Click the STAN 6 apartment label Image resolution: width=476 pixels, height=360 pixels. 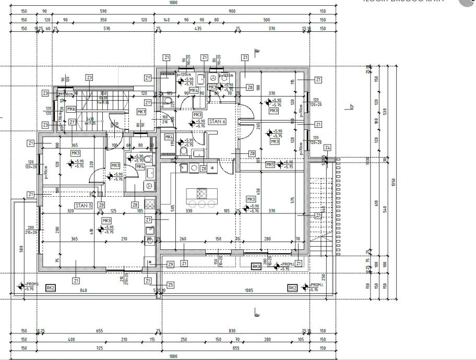pyautogui.click(x=217, y=121)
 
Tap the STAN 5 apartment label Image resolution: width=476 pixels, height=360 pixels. pyautogui.click(x=83, y=206)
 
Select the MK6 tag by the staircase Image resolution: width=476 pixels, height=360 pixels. pyautogui.click(x=71, y=109)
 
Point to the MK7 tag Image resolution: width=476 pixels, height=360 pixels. pyautogui.click(x=141, y=112)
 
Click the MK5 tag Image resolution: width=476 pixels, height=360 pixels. pyautogui.click(x=270, y=165)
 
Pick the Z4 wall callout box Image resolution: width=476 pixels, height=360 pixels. pyautogui.click(x=327, y=148)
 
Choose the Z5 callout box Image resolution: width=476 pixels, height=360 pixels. pyautogui.click(x=170, y=285)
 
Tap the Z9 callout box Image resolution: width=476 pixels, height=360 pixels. pyautogui.click(x=170, y=265)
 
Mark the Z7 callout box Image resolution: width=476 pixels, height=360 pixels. pyautogui.click(x=148, y=220)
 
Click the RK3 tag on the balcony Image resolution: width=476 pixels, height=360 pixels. pyautogui.click(x=256, y=267)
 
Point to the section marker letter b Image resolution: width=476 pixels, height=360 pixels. pyautogui.click(x=352, y=107)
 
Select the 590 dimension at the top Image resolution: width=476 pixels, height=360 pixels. pyautogui.click(x=103, y=11)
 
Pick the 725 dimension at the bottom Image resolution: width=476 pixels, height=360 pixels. pyautogui.click(x=99, y=347)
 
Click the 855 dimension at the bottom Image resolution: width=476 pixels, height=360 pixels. pyautogui.click(x=236, y=347)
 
